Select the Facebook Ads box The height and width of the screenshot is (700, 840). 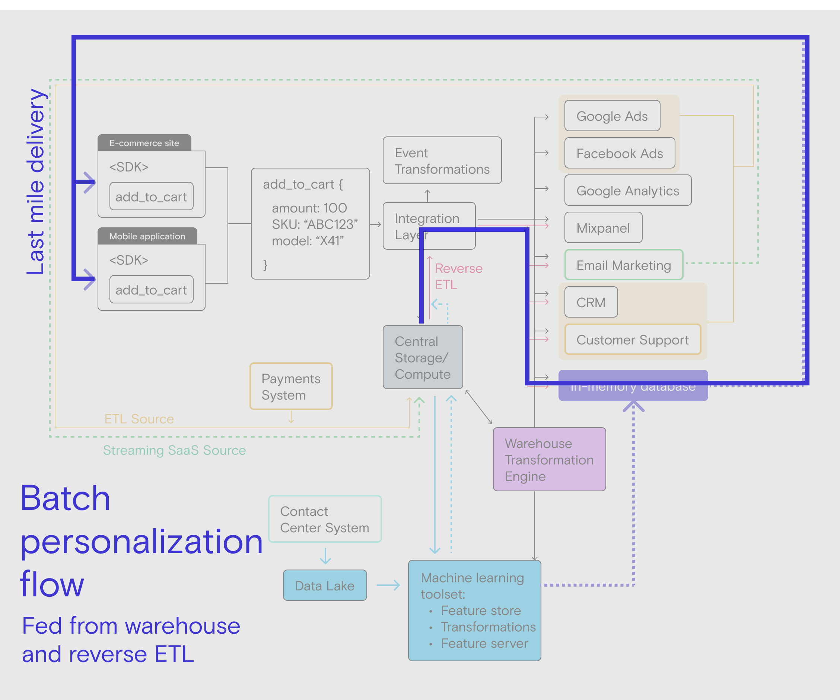coord(619,153)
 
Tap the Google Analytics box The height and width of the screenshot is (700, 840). coord(628,190)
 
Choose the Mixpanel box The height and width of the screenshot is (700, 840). coord(603,227)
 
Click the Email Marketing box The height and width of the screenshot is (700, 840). coord(624,265)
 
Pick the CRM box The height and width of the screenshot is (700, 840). coord(591,302)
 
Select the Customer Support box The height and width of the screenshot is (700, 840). coord(632,340)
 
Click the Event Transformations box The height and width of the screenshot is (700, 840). coord(442,160)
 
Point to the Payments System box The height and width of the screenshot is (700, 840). coord(291,386)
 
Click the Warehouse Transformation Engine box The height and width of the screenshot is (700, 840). coord(549,459)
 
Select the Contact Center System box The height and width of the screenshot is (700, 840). coord(324,519)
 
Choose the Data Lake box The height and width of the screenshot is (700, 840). coord(324,585)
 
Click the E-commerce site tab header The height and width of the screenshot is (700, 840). coord(144,143)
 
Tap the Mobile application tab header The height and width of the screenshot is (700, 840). coord(147,236)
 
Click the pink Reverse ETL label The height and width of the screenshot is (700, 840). coord(458,276)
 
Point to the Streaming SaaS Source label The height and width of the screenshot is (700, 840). coord(174,450)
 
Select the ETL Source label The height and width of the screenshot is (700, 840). coord(139,419)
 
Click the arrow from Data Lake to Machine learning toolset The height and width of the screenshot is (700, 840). coord(388,585)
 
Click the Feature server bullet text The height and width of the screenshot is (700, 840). coord(484,643)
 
